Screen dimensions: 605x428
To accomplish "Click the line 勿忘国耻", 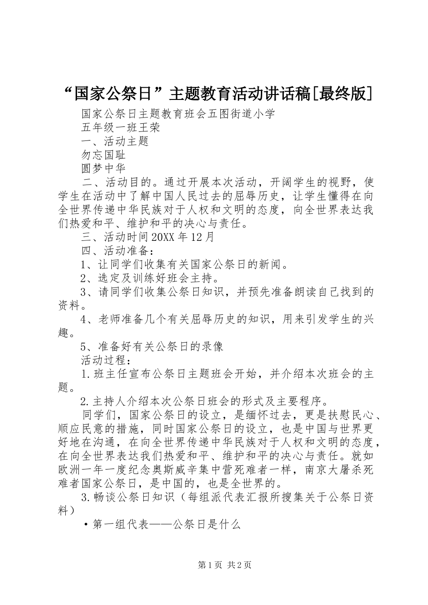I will click(104, 155).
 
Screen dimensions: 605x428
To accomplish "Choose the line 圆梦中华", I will click(104, 169).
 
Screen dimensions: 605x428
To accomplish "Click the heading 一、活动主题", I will click(115, 141).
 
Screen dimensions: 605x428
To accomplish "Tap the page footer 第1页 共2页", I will click(225, 565).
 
